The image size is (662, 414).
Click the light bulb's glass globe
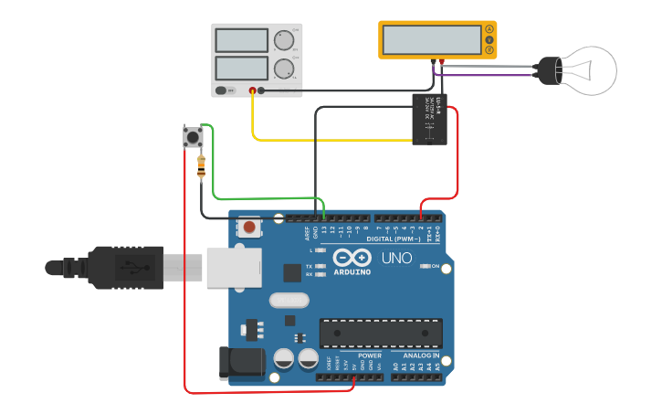pos(589,70)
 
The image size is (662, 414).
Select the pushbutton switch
pos(193,137)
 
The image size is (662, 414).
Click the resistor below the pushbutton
pos(201,166)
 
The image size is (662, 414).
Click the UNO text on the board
pos(396,258)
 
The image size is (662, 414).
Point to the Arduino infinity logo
pos(352,258)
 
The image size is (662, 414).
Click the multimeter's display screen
pos(432,39)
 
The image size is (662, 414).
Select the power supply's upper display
pos(241,40)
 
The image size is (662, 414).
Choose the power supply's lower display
pos(241,68)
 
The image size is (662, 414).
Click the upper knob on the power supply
pos(284,40)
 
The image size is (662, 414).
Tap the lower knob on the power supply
pos(284,68)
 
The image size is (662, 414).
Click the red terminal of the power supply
pos(252,90)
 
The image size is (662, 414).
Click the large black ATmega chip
pos(381,333)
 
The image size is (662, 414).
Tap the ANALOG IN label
pos(421,355)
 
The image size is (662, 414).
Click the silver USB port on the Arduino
pos(233,267)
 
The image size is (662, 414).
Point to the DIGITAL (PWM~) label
pos(393,238)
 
